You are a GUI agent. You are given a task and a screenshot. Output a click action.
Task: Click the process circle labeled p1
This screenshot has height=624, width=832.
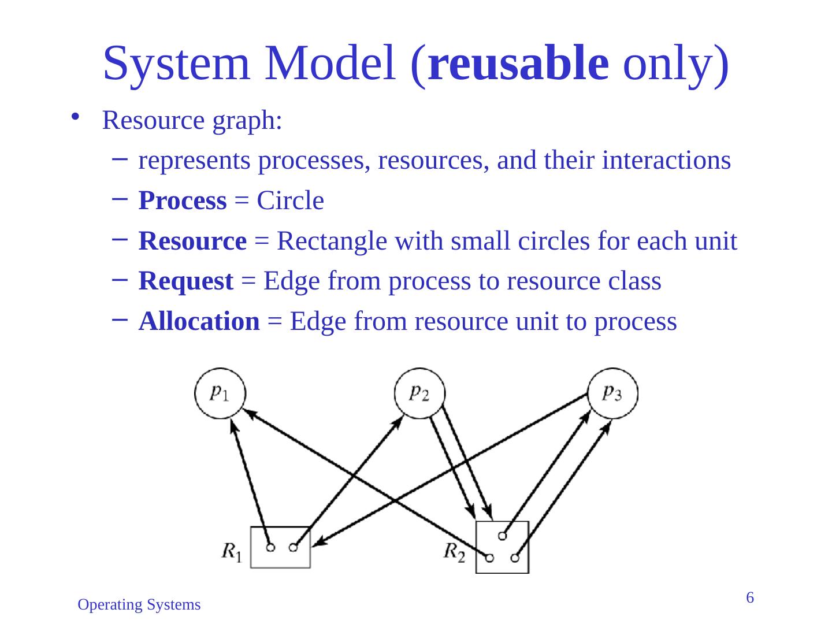220,393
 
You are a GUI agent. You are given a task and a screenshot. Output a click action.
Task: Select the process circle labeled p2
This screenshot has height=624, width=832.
420,393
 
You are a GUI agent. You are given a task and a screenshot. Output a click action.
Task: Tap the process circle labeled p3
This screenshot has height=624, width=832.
612,393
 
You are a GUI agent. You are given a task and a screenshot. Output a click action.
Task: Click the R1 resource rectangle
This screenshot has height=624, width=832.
280,547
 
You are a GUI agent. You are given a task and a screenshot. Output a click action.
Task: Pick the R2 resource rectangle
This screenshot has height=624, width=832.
502,547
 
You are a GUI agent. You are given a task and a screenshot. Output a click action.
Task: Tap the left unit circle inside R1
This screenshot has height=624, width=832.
270,547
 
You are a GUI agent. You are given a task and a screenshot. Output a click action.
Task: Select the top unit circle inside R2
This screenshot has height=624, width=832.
502,536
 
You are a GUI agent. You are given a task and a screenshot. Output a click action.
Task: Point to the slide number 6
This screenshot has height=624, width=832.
750,597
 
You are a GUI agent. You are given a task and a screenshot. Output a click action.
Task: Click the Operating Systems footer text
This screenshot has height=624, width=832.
139,605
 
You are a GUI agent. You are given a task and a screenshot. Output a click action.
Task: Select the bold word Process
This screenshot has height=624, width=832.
183,201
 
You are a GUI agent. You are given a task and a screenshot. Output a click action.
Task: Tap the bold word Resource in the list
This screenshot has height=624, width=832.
192,242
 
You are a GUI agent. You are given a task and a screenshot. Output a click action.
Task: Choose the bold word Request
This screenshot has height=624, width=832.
186,281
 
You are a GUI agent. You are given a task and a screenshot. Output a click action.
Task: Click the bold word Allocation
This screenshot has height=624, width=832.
199,321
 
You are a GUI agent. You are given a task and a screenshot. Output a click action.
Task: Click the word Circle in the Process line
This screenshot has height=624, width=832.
290,201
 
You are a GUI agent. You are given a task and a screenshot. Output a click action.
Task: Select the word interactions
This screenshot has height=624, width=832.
666,161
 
